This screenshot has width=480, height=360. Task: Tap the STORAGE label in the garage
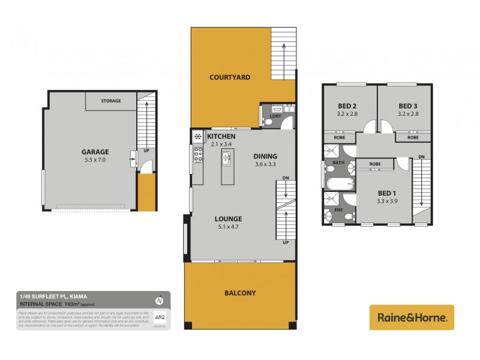[x=111, y=101]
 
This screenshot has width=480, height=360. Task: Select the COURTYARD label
[x=230, y=77]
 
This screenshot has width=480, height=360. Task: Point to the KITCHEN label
[x=221, y=137]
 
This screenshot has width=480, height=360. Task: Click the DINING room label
[x=265, y=154]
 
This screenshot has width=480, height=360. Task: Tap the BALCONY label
[x=241, y=293]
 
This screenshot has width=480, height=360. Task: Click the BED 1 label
[x=386, y=193]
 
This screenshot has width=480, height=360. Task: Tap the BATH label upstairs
[x=338, y=163]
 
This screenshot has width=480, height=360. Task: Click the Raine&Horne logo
[x=411, y=317]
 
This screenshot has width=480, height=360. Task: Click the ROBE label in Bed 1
[x=375, y=164]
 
